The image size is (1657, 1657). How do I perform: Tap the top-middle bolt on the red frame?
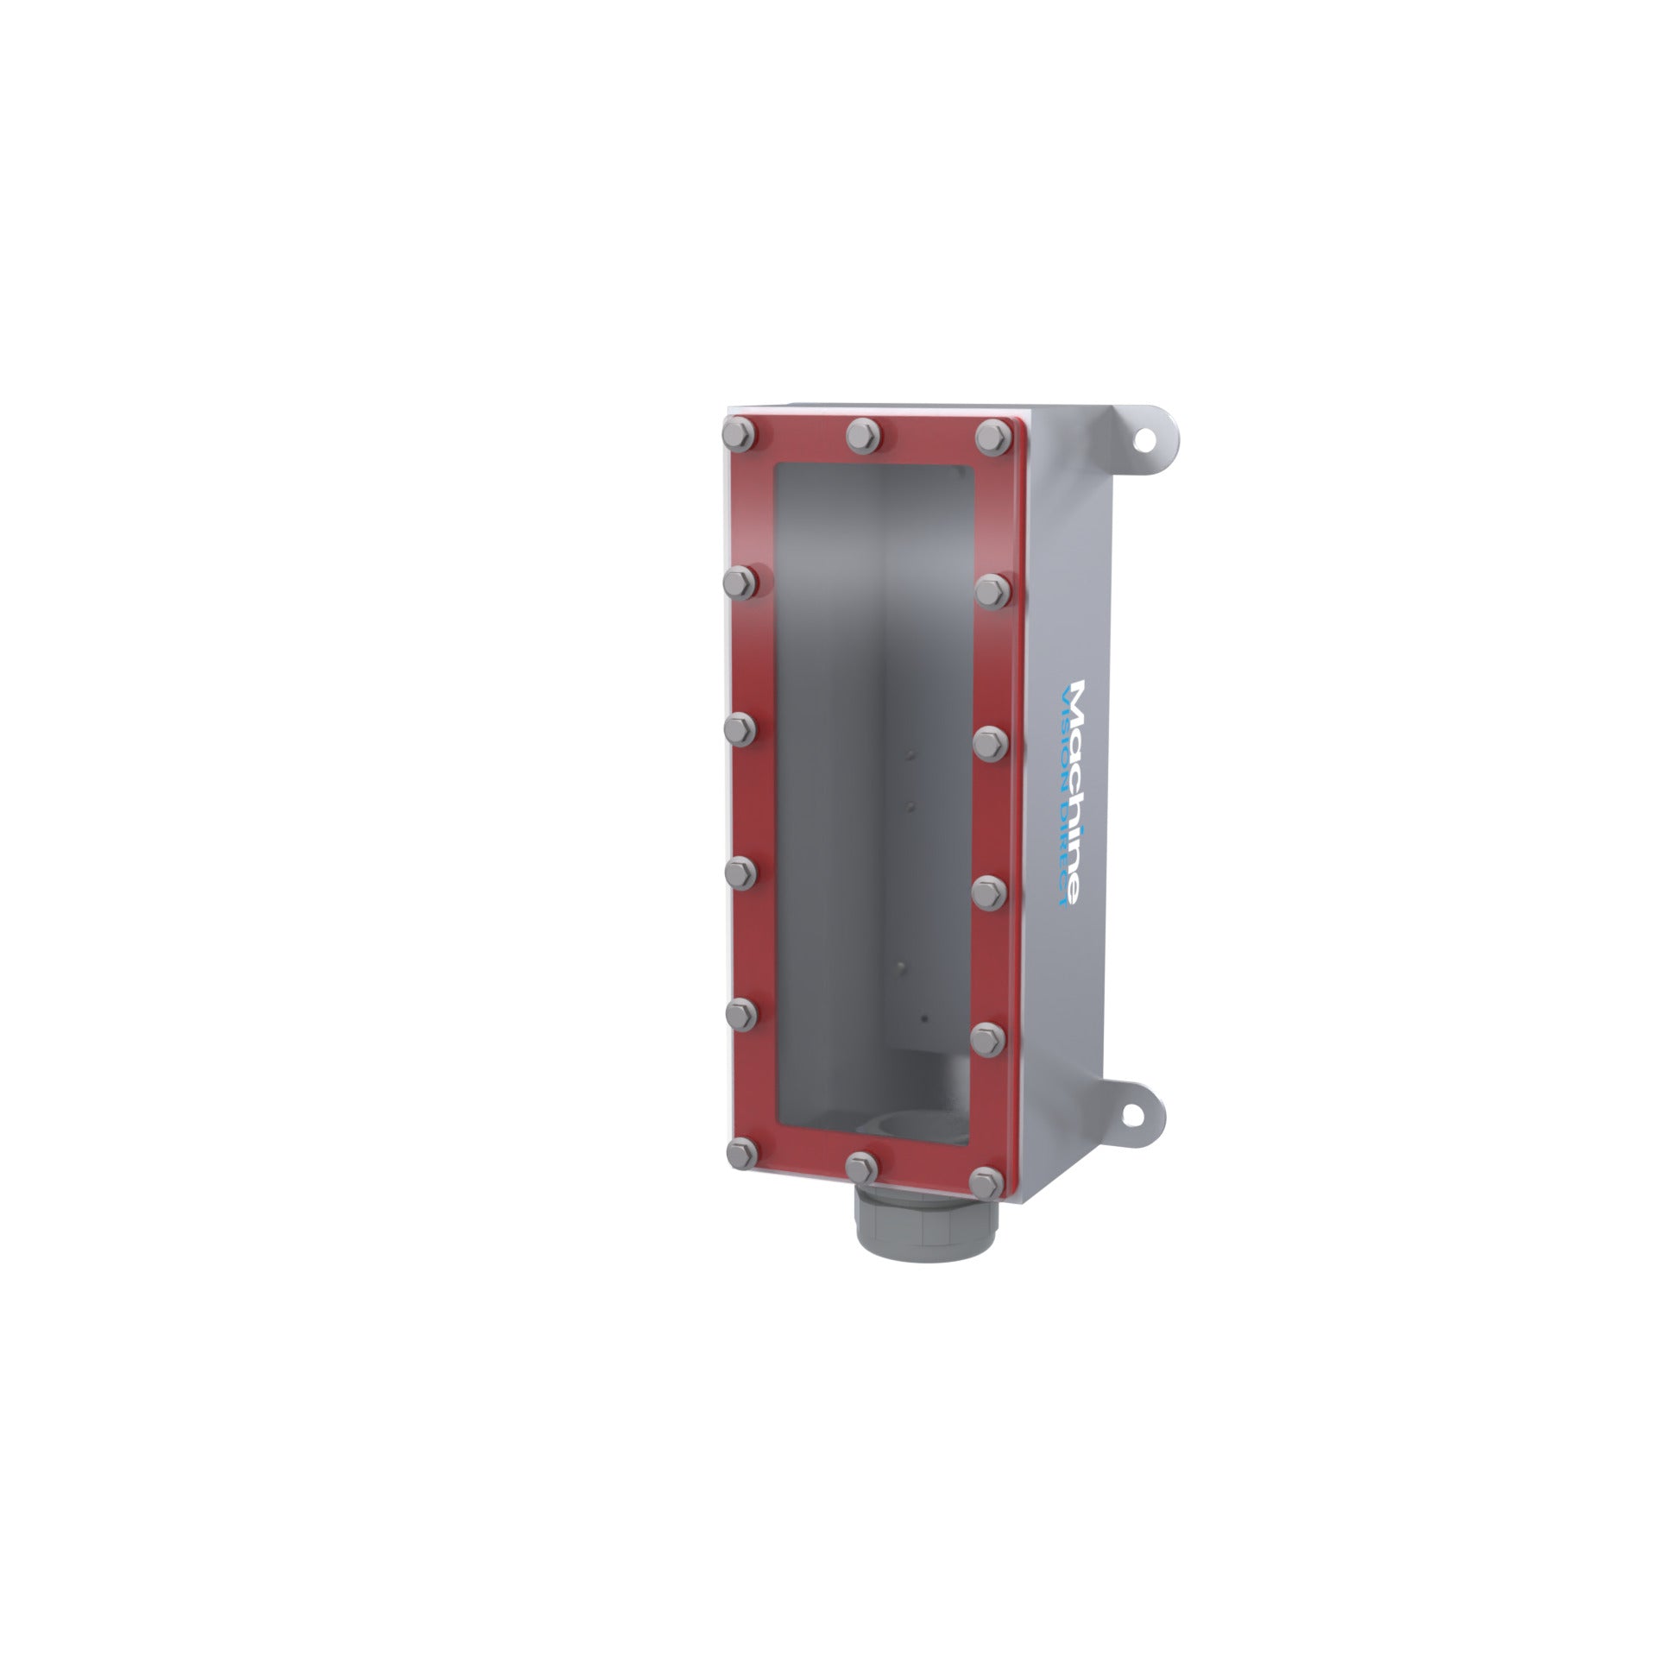pyautogui.click(x=863, y=434)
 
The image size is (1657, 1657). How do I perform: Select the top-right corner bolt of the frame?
pyautogui.click(x=994, y=435)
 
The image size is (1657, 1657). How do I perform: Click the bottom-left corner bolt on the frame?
pyautogui.click(x=740, y=1153)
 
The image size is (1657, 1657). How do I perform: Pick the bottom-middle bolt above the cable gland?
pyautogui.click(x=863, y=1168)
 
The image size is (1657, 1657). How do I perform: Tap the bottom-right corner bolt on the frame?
pyautogui.click(x=986, y=1181)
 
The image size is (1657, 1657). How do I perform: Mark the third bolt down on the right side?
pyautogui.click(x=990, y=741)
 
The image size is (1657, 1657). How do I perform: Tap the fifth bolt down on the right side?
pyautogui.click(x=987, y=1036)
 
